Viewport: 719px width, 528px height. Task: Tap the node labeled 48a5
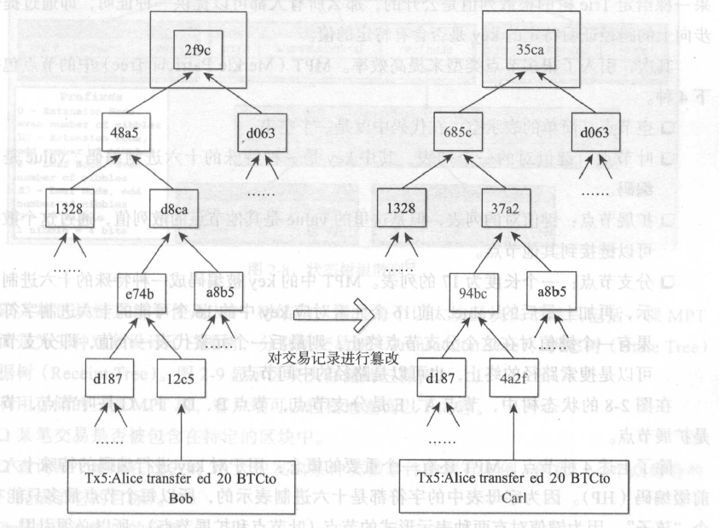tap(127, 133)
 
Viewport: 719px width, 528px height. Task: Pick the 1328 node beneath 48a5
tap(68, 207)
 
